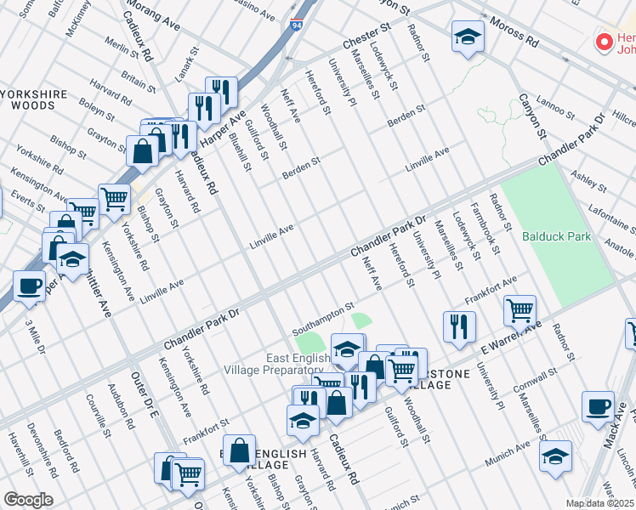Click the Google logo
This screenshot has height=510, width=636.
(x=27, y=500)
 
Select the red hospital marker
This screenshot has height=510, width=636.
(x=605, y=41)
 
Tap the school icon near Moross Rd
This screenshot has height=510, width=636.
(x=467, y=37)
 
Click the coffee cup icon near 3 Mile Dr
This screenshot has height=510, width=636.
(x=29, y=286)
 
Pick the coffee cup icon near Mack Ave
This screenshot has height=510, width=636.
(x=598, y=405)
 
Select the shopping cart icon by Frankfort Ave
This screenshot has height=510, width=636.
(x=519, y=310)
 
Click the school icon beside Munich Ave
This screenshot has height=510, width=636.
(x=555, y=455)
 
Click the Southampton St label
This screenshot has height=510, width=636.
(x=322, y=314)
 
